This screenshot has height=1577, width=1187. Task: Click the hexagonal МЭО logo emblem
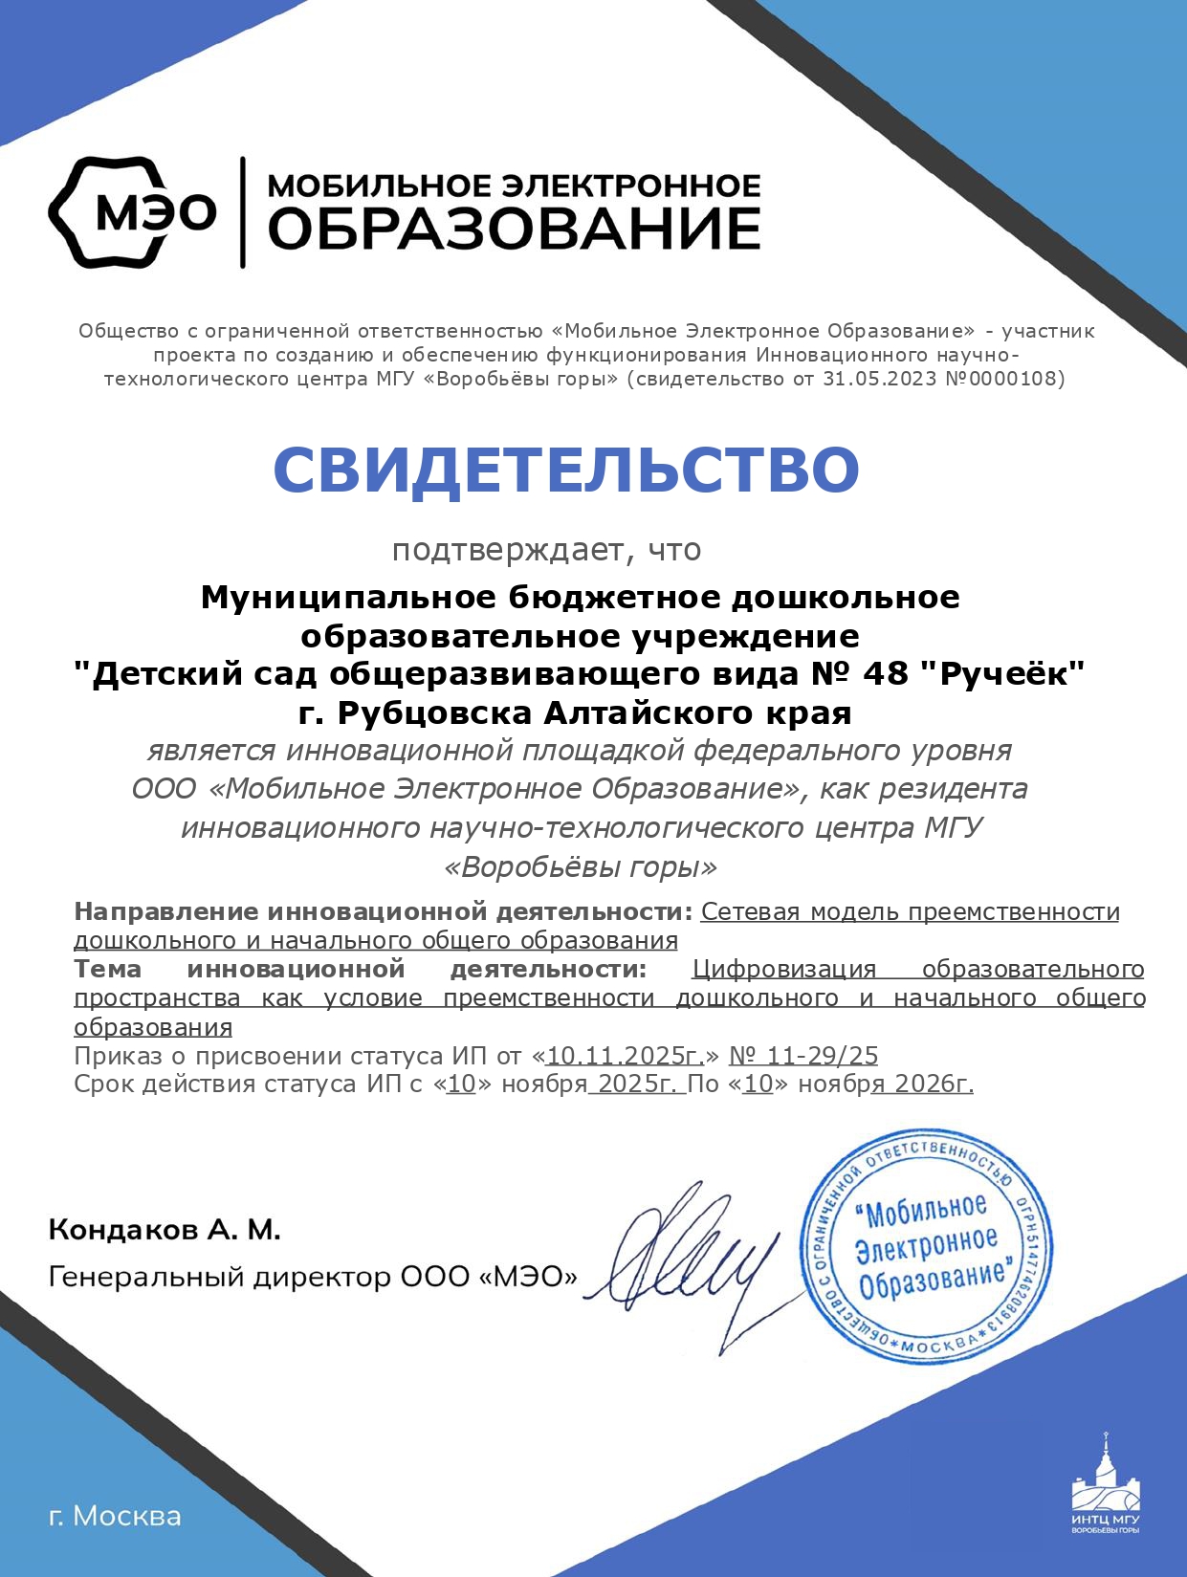click(132, 211)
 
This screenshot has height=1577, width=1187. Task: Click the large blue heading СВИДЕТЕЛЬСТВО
click(566, 470)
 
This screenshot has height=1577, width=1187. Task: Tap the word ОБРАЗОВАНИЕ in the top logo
click(514, 230)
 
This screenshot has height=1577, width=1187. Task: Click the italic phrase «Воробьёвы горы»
click(581, 867)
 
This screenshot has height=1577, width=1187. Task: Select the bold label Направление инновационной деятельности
click(383, 911)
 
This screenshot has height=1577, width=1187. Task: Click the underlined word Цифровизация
click(783, 969)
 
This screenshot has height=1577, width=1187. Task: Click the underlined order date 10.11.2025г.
click(625, 1056)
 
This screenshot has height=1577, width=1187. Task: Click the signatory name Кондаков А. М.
click(165, 1230)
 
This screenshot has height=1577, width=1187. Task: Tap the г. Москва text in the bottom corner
click(115, 1516)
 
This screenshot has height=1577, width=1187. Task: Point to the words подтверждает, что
click(546, 550)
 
